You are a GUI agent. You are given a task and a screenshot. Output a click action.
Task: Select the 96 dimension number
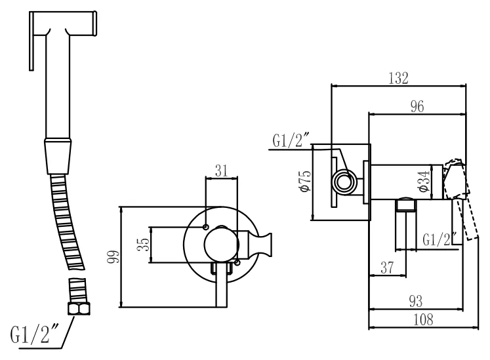tap(417, 107)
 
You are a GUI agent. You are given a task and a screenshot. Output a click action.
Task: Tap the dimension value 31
tap(222, 170)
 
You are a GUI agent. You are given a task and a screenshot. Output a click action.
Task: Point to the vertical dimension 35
tap(146, 245)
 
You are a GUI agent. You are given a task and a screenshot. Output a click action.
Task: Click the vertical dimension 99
tap(113, 257)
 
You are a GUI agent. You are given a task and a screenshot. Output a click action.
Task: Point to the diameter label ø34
tap(424, 182)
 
